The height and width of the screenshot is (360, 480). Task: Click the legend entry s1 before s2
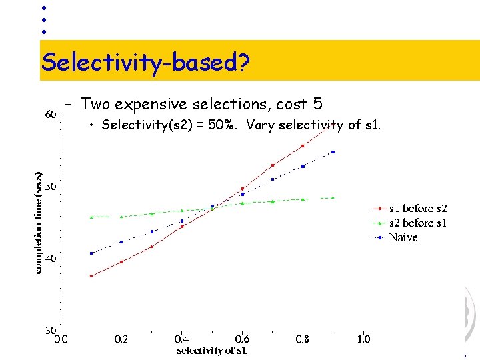[x=417, y=209]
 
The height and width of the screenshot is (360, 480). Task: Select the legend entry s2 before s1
[x=417, y=223]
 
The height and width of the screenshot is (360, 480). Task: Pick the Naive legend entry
[x=403, y=237]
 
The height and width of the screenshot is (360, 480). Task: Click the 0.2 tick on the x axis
[x=121, y=339]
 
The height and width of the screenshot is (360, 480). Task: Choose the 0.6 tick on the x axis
[x=242, y=339]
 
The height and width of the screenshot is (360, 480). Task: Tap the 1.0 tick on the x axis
[x=363, y=339]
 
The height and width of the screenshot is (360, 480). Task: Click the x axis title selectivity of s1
[x=211, y=351]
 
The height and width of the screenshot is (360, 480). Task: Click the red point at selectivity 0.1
[x=91, y=276]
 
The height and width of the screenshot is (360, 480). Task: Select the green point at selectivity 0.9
[x=333, y=197]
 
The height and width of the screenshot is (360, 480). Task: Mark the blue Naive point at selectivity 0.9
[x=333, y=152]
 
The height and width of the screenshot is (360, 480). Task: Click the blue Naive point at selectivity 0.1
[x=91, y=253]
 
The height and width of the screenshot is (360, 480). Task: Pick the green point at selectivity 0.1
[x=91, y=217]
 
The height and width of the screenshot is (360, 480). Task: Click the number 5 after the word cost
[x=317, y=104]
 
